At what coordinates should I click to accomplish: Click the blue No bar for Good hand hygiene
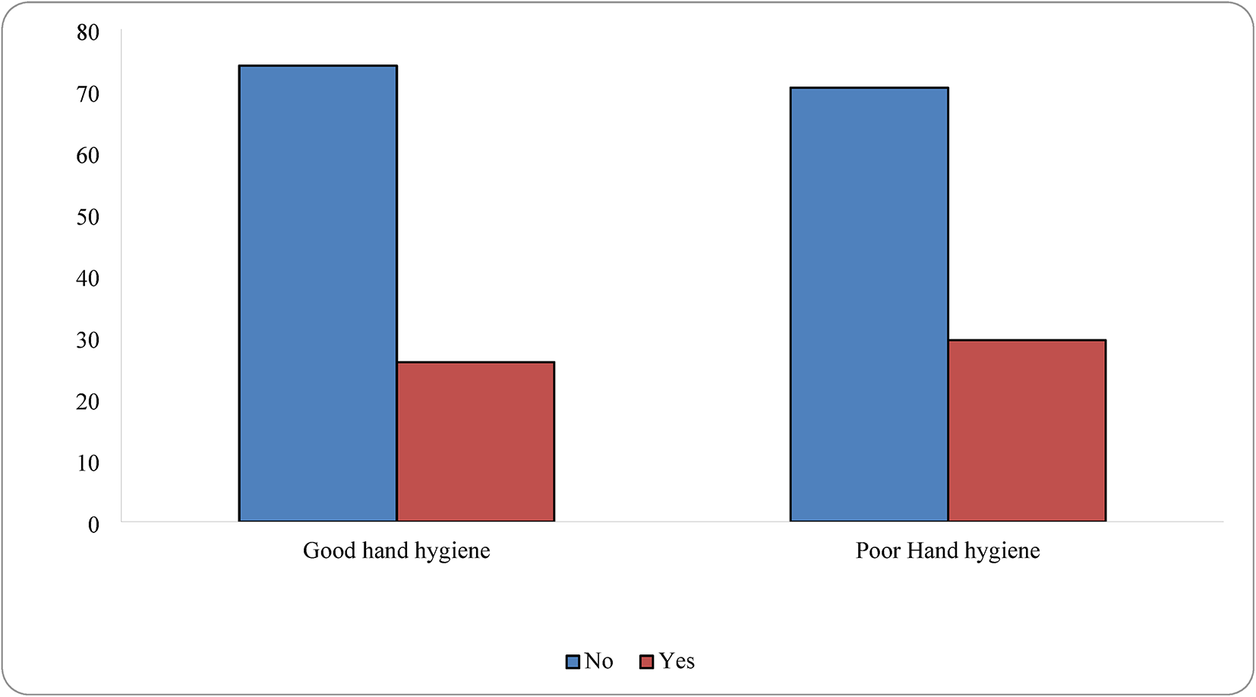click(x=317, y=293)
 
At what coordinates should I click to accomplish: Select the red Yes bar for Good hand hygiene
click(x=475, y=441)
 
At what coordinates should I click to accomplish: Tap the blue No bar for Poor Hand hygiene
click(x=869, y=304)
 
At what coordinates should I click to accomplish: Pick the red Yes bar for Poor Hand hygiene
click(x=1027, y=430)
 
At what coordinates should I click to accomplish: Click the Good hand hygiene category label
click(x=396, y=550)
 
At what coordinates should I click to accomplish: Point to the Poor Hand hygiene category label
click(x=948, y=550)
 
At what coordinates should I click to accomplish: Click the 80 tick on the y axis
click(x=88, y=33)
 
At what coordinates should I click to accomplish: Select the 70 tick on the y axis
click(x=88, y=94)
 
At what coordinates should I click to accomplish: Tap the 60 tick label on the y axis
click(x=88, y=156)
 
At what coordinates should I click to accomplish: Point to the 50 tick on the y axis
click(x=88, y=217)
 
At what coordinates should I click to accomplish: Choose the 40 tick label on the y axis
click(x=88, y=279)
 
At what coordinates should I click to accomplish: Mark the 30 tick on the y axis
click(x=88, y=340)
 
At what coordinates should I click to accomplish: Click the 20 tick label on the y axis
click(x=88, y=402)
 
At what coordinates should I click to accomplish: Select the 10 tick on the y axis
click(x=88, y=463)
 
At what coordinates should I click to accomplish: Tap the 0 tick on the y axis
click(x=93, y=525)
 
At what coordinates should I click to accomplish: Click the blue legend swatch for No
click(x=573, y=662)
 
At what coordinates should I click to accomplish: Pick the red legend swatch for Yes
click(x=647, y=662)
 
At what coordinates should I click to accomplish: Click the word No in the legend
click(x=598, y=661)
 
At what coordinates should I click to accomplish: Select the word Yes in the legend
click(x=677, y=661)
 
